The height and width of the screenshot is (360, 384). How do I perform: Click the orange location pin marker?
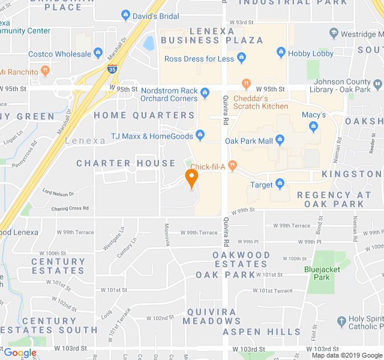[191, 178]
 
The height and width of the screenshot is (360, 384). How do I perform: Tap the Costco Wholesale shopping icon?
[98, 54]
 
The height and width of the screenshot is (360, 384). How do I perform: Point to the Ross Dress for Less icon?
[241, 58]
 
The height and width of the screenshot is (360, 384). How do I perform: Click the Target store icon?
[280, 184]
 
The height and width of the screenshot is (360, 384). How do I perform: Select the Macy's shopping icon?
[313, 127]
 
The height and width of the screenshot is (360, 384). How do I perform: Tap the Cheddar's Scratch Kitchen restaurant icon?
[245, 84]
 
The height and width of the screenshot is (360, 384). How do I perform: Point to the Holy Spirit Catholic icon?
[341, 321]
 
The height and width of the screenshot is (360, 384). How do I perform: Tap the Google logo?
[20, 353]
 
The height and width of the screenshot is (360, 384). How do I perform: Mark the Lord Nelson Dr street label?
[58, 193]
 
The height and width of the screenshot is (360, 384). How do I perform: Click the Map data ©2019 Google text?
[346, 355]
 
